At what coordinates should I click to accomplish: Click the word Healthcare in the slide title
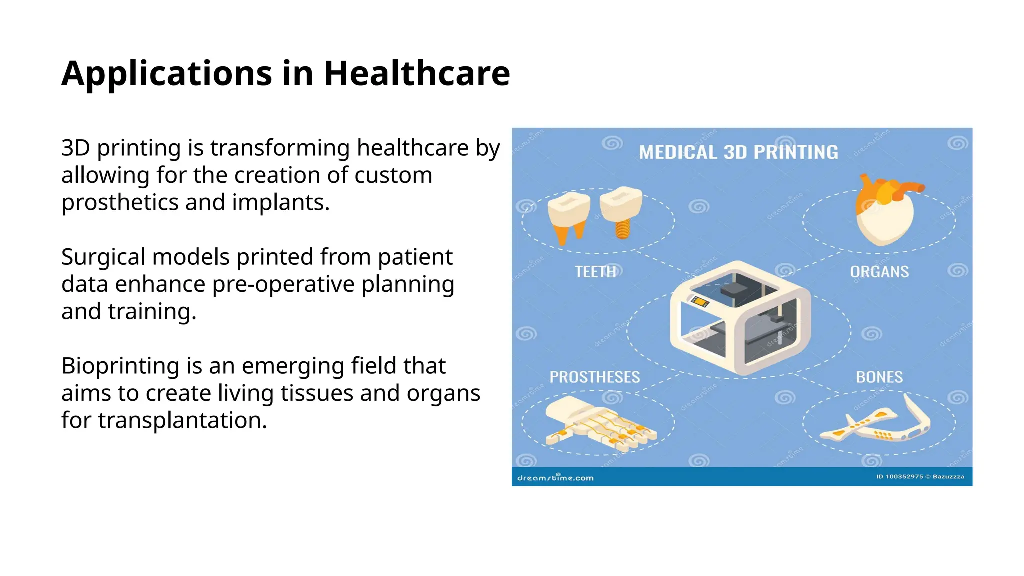pyautogui.click(x=417, y=74)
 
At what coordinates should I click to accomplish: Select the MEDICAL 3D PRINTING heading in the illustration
pyautogui.click(x=738, y=152)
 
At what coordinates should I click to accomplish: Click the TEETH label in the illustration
pyautogui.click(x=595, y=272)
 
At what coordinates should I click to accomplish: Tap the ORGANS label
pyautogui.click(x=879, y=272)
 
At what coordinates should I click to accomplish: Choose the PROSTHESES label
pyautogui.click(x=594, y=377)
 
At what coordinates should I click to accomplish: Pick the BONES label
pyautogui.click(x=879, y=377)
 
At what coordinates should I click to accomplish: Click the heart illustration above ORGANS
pyautogui.click(x=885, y=212)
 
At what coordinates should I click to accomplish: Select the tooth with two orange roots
pyautogui.click(x=569, y=216)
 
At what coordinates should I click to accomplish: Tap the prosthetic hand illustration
pyautogui.click(x=597, y=422)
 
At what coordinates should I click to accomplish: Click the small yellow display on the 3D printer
pyautogui.click(x=700, y=301)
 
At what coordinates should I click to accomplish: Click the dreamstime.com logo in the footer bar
pyautogui.click(x=555, y=478)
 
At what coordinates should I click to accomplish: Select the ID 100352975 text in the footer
pyautogui.click(x=899, y=477)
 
